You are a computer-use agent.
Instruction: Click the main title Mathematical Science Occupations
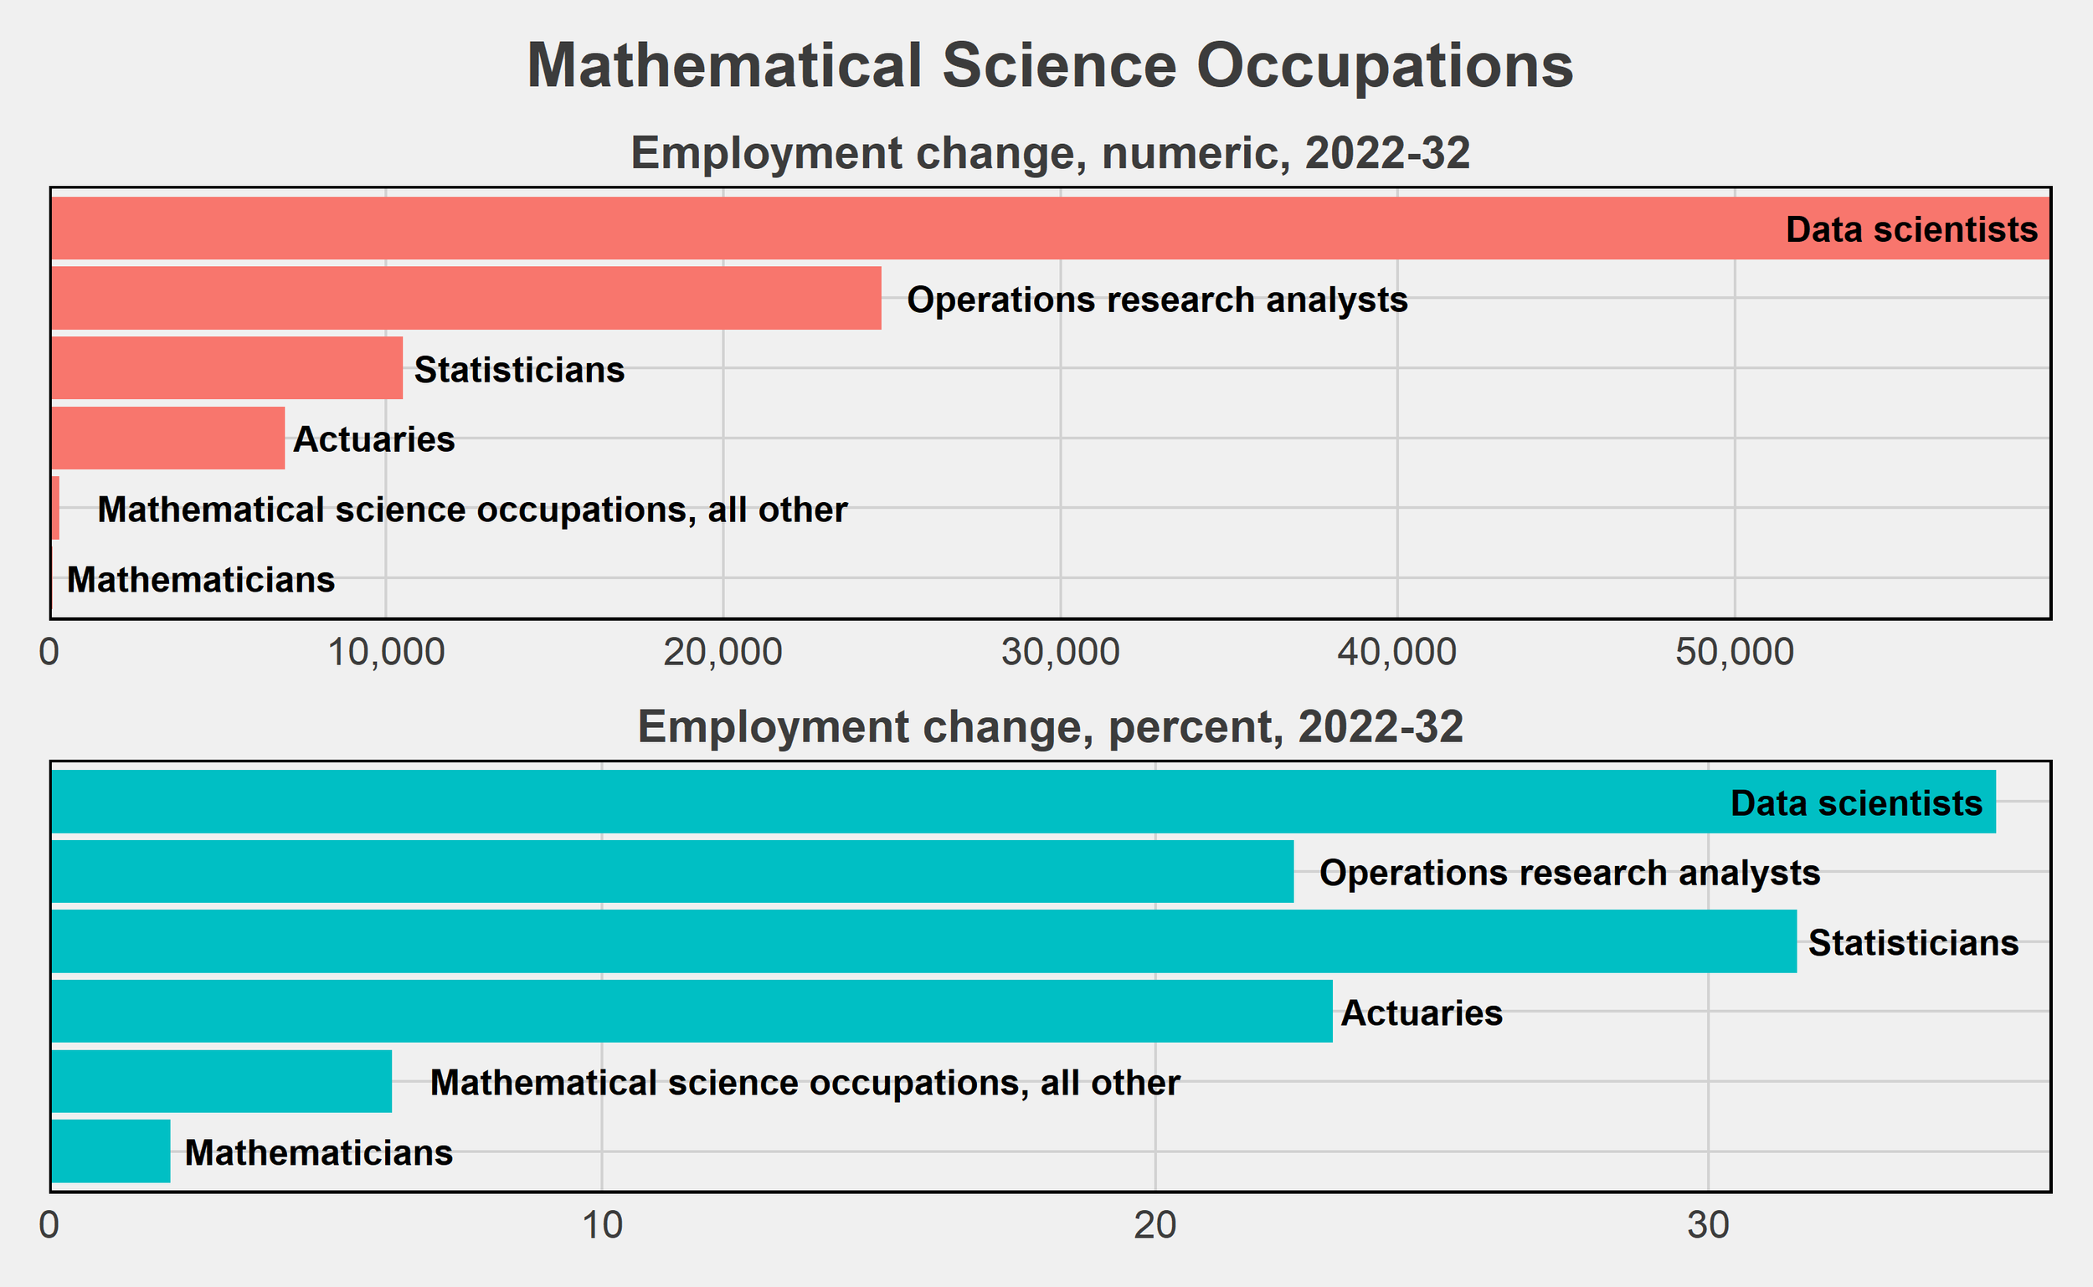coord(1049,66)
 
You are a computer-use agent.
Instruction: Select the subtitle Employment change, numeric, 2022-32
coord(1049,153)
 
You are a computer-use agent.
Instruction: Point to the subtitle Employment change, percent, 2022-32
coord(1049,727)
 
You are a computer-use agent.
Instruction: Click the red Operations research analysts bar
coord(465,298)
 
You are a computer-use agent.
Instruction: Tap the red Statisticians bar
coord(227,367)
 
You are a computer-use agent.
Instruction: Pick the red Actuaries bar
coord(167,438)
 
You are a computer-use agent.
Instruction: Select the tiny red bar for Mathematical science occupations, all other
coord(55,508)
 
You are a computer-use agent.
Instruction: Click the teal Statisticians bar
coord(924,941)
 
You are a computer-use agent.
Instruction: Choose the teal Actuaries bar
coord(692,1011)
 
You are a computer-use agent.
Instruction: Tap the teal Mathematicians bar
coord(111,1151)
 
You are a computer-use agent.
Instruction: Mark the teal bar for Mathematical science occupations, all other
coord(221,1081)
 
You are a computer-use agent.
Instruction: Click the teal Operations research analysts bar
coord(672,872)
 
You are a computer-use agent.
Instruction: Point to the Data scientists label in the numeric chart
coord(1910,230)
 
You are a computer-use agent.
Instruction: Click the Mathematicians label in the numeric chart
coord(201,580)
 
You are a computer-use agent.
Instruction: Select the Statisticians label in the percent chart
coord(1912,943)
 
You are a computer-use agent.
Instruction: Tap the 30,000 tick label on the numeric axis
coord(1060,652)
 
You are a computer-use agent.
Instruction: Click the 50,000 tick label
coord(1735,652)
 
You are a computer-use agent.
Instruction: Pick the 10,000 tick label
coord(386,652)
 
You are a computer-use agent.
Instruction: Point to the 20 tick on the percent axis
coord(1154,1226)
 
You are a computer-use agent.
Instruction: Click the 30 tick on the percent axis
coord(1708,1226)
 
